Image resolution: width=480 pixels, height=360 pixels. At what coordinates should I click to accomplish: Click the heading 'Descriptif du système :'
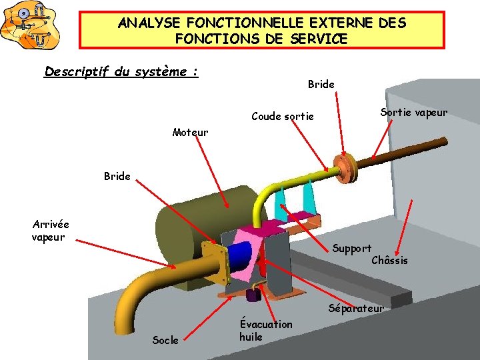click(121, 71)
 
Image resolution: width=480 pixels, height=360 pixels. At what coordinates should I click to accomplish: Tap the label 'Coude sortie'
click(282, 116)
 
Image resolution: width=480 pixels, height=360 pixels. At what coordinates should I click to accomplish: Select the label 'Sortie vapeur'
click(413, 112)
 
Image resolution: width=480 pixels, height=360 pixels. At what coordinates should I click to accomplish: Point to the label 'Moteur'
click(190, 132)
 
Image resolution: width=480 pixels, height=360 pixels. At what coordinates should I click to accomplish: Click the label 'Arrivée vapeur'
click(50, 231)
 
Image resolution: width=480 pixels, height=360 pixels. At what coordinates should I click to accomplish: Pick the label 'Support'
click(351, 249)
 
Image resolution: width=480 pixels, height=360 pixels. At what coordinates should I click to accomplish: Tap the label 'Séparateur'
click(356, 308)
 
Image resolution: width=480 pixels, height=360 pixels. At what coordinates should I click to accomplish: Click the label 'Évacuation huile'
click(265, 330)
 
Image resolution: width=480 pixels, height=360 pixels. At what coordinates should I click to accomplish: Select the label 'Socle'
click(165, 340)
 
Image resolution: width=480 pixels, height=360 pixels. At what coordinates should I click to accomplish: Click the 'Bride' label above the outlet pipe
click(321, 84)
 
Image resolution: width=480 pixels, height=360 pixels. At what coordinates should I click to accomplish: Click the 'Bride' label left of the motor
click(117, 177)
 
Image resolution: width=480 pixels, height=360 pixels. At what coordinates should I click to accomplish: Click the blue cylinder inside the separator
click(242, 257)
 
